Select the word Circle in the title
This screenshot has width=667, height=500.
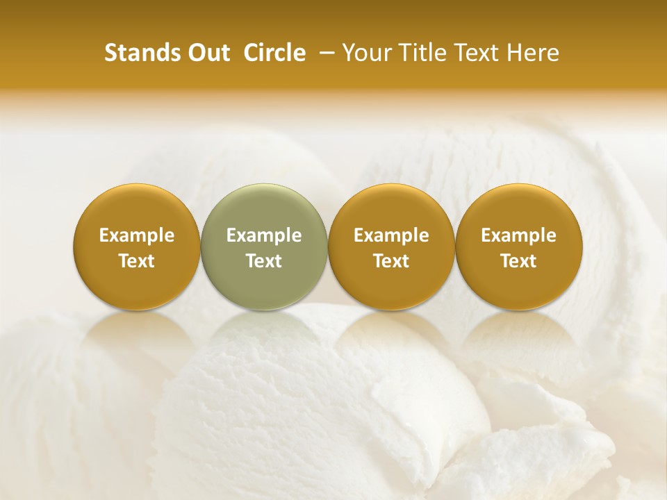click(274, 53)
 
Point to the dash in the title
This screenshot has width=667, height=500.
click(324, 53)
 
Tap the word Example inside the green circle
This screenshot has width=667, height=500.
click(264, 235)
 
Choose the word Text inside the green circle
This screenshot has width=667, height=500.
click(264, 261)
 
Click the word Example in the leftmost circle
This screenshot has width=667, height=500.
click(137, 235)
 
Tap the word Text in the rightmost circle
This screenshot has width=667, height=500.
click(519, 261)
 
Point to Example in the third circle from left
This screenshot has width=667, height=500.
click(391, 235)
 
